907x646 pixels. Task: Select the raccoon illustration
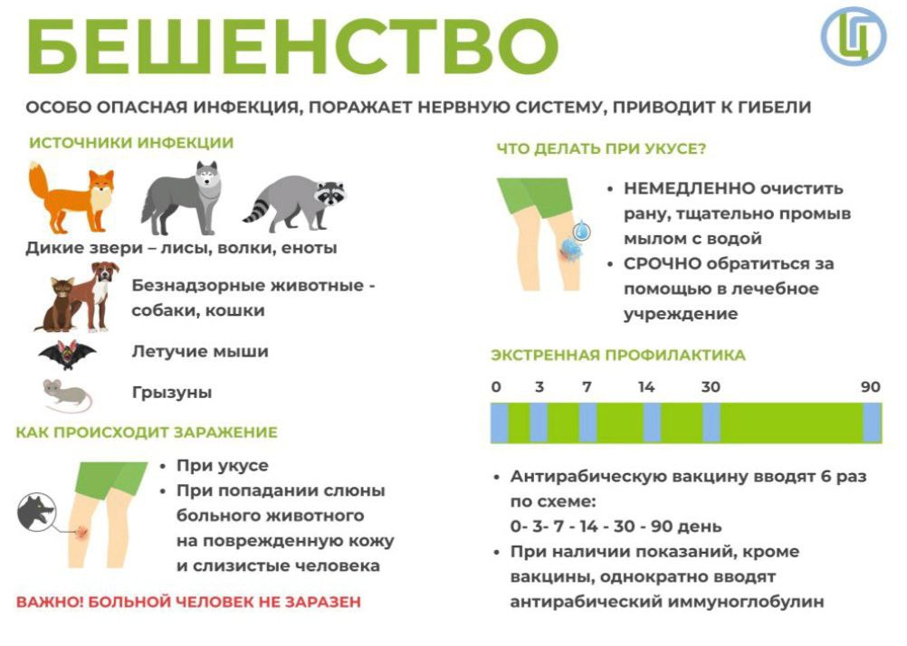(294, 203)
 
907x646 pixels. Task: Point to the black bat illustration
(67, 355)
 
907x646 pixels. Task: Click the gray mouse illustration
(67, 395)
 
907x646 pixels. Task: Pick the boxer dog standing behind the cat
(95, 296)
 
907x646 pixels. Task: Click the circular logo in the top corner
(854, 36)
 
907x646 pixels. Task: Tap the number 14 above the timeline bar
(646, 387)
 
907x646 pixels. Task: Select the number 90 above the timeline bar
(870, 387)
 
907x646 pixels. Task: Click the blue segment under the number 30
(711, 423)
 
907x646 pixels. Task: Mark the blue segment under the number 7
(587, 423)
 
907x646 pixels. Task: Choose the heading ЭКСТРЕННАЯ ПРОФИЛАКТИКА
(617, 355)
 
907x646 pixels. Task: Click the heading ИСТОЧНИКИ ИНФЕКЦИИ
(131, 143)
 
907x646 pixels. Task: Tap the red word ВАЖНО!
(50, 602)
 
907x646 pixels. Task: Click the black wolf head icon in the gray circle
(36, 511)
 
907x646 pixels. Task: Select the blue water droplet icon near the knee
(582, 231)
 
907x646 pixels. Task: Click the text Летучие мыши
(200, 352)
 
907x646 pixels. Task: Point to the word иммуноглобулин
(746, 602)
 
